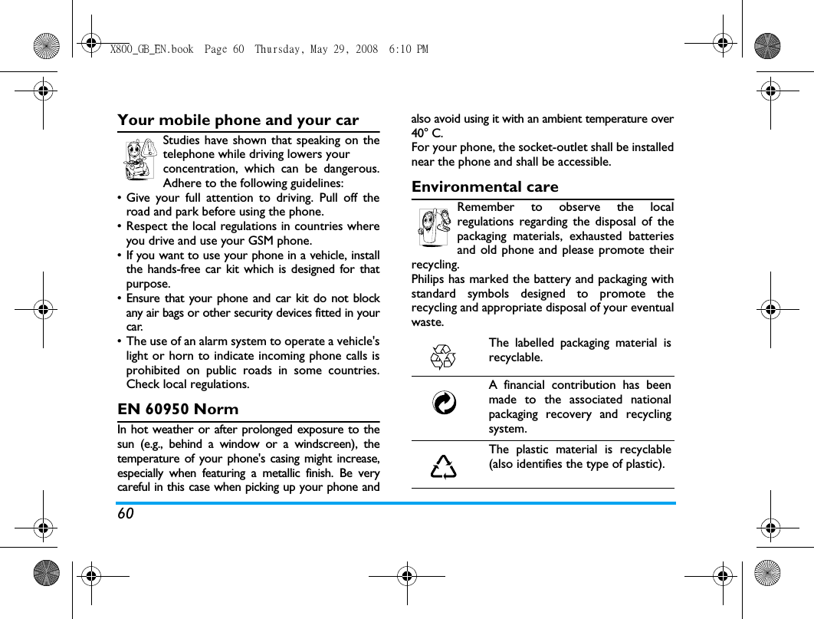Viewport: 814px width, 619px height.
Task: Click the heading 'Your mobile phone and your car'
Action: click(238, 120)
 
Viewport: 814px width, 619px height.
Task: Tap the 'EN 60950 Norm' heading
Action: click(178, 409)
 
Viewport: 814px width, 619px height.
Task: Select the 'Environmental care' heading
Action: click(485, 187)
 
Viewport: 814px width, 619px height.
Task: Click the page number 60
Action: click(126, 513)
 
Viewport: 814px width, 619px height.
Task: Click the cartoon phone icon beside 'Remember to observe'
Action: click(434, 227)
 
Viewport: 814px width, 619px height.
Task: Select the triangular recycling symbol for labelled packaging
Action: click(444, 357)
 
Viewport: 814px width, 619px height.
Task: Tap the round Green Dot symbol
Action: click(444, 403)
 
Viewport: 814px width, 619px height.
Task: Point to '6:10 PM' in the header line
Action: click(409, 50)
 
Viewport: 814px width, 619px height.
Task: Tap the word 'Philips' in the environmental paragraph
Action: click(429, 279)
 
